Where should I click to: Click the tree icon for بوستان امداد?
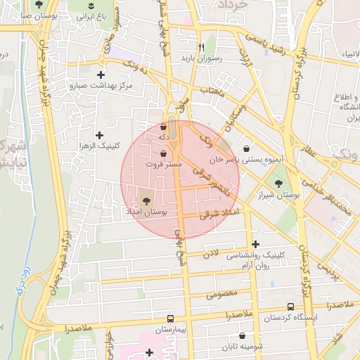tap(146, 200)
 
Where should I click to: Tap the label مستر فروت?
tap(165, 164)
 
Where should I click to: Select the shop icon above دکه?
tap(164, 127)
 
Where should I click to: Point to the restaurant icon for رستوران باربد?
tap(201, 47)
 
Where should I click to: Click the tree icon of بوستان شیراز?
tap(280, 183)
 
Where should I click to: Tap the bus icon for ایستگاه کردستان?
tap(291, 307)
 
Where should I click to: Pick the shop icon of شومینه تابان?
tap(243, 336)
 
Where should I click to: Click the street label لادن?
tap(211, 252)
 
